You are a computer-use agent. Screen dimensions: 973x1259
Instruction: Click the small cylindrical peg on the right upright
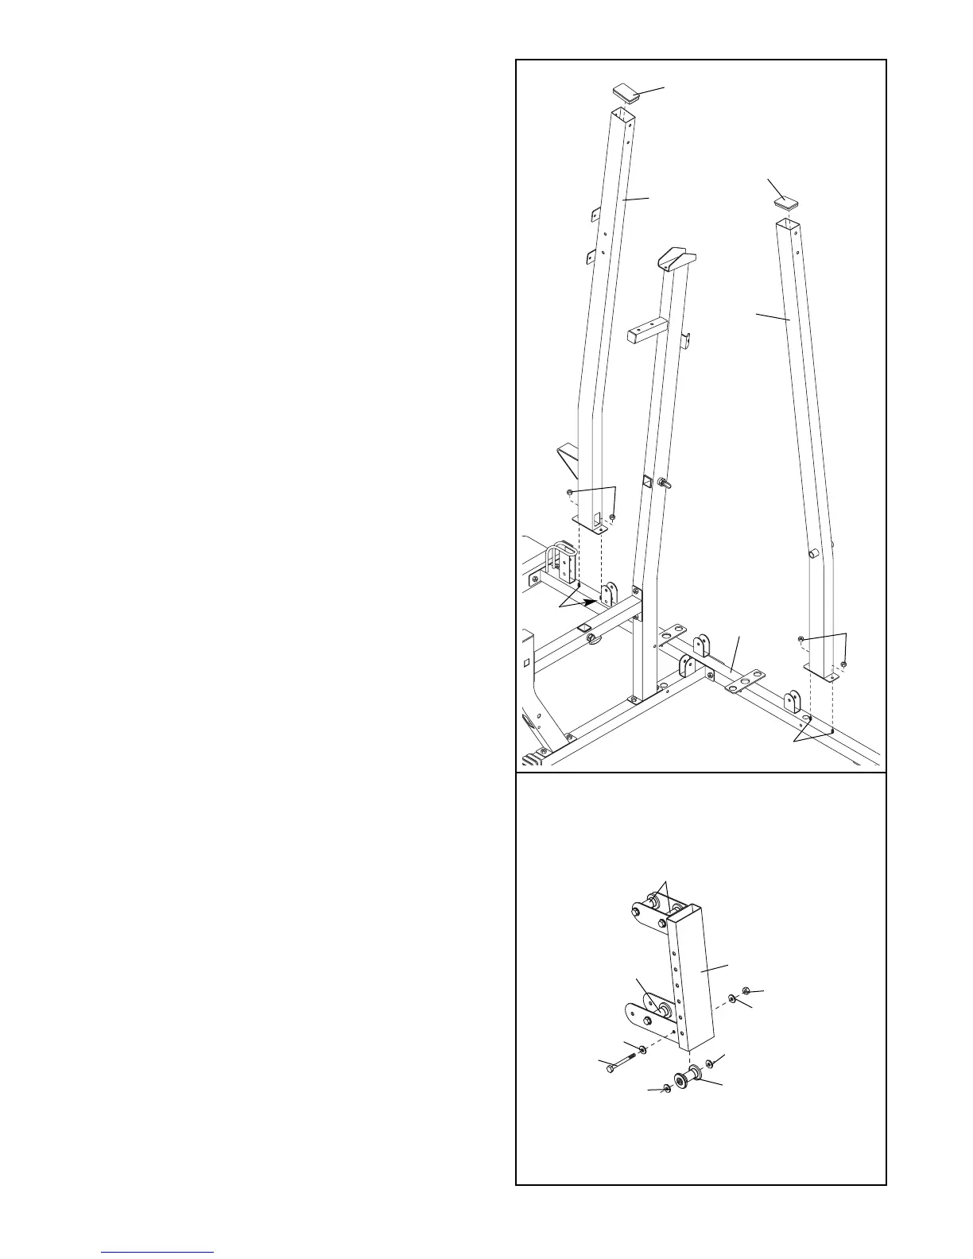coord(812,552)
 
